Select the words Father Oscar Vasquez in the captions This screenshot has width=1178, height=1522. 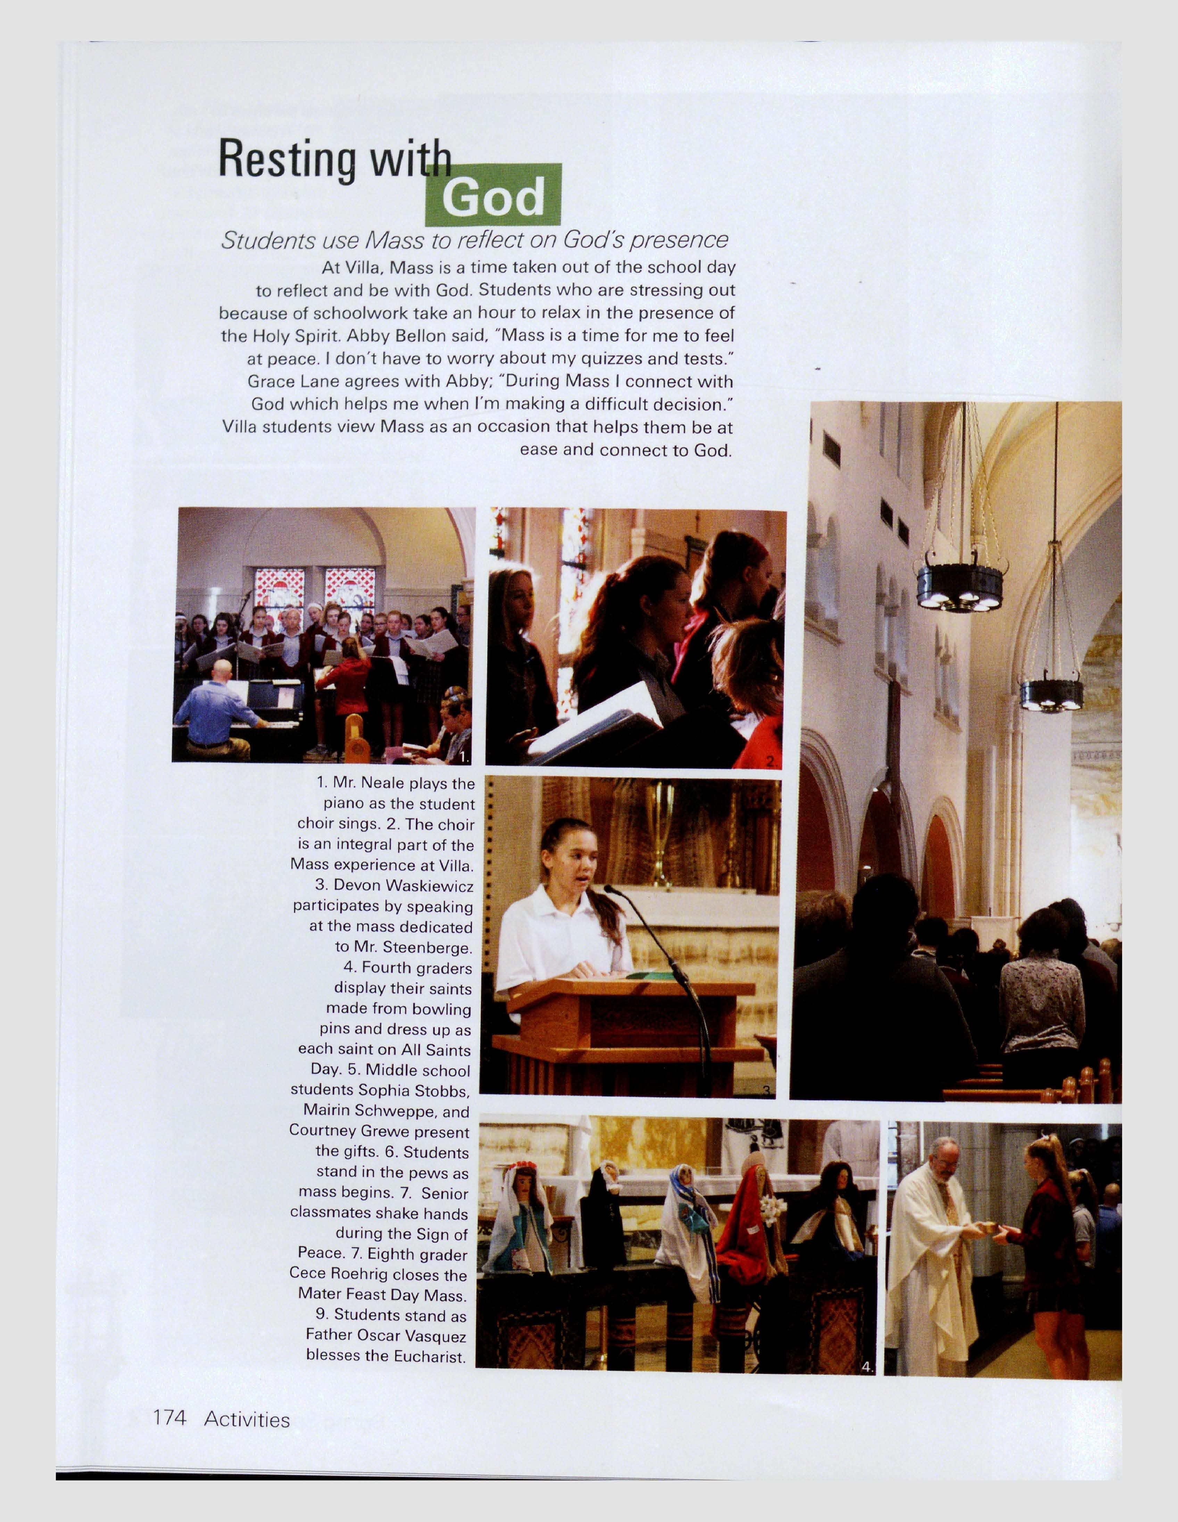coord(385,1335)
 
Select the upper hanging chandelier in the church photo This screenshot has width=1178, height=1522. coord(960,585)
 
